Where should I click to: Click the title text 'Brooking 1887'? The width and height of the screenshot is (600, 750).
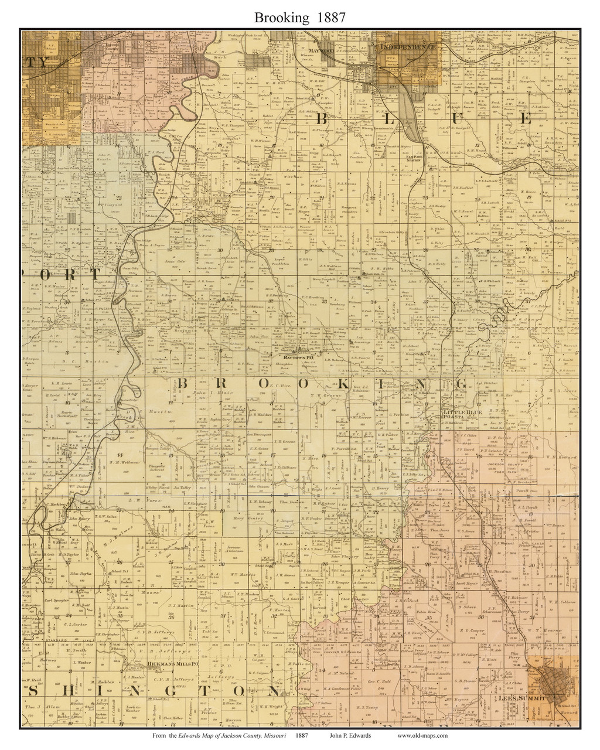(x=299, y=18)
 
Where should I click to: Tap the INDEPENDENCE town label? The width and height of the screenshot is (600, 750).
(x=408, y=46)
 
